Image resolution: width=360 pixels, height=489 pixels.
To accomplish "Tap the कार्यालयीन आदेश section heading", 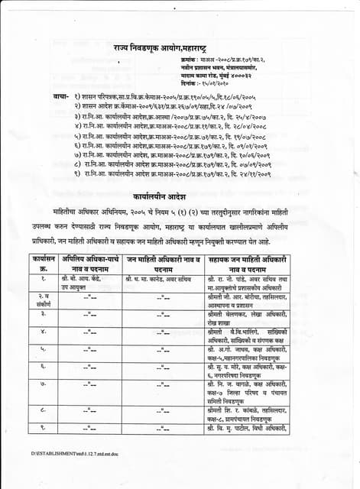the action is point(179,195).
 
